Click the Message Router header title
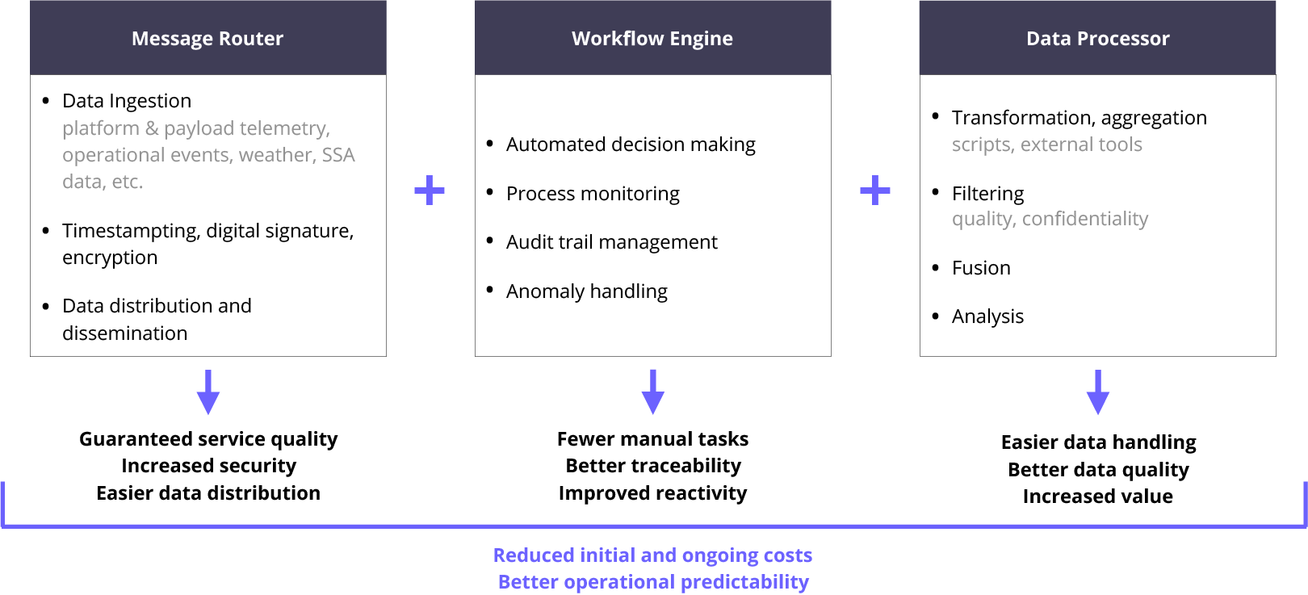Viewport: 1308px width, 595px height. coord(208,39)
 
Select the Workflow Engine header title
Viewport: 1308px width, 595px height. coord(652,39)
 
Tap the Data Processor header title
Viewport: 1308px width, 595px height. coord(1097,39)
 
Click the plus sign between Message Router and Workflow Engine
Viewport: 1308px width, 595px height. coord(430,191)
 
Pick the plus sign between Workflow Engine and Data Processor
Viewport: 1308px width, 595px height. coord(875,191)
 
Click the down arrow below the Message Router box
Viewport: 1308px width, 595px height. coord(208,392)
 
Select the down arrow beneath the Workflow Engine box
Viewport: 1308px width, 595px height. coord(653,392)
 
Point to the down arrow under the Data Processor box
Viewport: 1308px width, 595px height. coord(1098,392)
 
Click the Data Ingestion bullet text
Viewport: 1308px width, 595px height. coord(127,101)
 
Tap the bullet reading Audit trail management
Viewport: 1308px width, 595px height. coord(611,242)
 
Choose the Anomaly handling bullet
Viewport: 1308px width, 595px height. coord(586,291)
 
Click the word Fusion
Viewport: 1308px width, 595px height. coord(981,268)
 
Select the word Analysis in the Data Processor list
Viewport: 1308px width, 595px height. coord(987,316)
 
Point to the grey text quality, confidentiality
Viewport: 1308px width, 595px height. coord(1050,219)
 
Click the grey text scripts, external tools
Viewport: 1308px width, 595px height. coord(1046,145)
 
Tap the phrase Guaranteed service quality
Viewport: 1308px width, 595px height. coord(208,439)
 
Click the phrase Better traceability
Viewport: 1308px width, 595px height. coord(653,466)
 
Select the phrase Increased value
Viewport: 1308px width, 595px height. coord(1098,497)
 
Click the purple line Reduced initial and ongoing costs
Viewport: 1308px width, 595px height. coord(652,555)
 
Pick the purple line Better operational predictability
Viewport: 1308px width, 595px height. coord(653,582)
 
